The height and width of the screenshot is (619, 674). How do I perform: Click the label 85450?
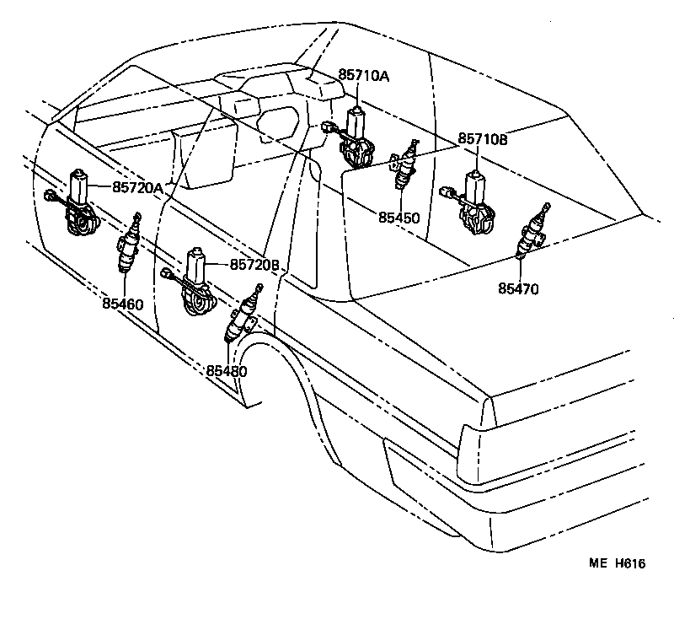click(x=399, y=218)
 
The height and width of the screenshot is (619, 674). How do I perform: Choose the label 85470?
click(x=517, y=288)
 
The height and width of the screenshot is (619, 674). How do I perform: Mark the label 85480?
click(x=227, y=369)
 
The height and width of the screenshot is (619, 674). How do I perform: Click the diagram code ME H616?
click(x=617, y=564)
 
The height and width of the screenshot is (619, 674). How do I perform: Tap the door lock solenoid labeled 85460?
click(x=127, y=249)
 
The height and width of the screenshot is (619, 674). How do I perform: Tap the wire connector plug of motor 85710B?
click(x=446, y=191)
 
